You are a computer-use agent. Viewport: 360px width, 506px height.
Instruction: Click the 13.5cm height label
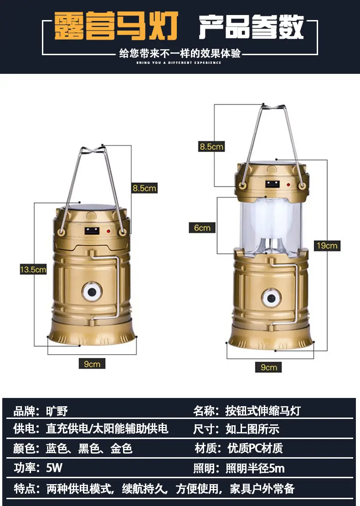point(33,269)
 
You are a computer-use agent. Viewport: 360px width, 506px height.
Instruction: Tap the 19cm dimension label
point(327,246)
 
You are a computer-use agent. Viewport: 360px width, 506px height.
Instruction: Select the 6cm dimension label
point(202,228)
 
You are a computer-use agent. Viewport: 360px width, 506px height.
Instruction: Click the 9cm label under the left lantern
point(92,364)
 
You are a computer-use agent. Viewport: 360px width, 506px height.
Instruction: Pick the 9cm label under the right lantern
point(269,367)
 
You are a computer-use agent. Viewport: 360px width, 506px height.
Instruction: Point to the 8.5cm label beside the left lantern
point(144,188)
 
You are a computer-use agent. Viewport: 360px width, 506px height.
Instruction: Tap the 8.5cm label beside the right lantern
point(211,146)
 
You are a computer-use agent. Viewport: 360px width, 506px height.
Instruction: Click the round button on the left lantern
point(92,292)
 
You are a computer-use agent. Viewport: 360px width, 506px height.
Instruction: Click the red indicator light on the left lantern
point(108,232)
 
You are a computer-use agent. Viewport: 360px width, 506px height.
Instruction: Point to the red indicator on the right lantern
point(288,185)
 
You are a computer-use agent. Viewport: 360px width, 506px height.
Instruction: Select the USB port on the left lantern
point(92,231)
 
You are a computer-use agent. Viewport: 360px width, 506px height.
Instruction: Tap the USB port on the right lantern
point(272,184)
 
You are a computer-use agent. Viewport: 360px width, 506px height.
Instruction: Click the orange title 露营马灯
point(116,26)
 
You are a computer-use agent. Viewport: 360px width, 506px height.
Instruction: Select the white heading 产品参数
point(251,26)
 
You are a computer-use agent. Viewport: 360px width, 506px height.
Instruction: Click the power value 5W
point(54,468)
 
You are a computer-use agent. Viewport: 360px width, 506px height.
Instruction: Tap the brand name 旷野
point(57,411)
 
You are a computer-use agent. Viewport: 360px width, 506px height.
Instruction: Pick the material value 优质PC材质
point(255,448)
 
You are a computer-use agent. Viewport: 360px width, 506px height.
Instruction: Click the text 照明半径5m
point(255,468)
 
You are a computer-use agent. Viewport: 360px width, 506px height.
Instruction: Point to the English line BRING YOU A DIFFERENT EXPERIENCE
point(179,62)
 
